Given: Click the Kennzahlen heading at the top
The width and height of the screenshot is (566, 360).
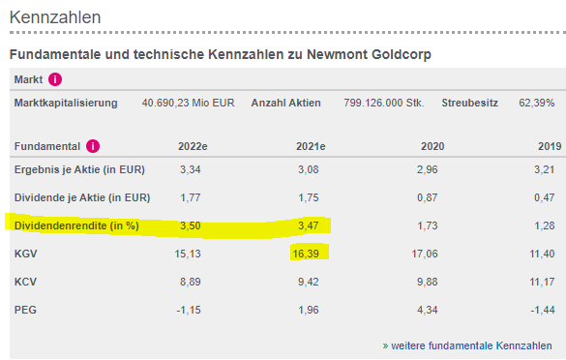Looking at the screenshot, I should coord(55,17).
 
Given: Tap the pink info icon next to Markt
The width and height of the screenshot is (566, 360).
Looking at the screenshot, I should coord(56,79).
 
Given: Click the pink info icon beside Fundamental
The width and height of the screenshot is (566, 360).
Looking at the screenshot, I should coord(93,147).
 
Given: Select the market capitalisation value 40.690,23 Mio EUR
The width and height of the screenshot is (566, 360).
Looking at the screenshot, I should coord(189,103).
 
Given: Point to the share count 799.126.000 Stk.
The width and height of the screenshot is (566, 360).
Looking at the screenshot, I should coord(384,103).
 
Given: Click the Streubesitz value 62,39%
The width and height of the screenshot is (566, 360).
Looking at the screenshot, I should coord(537,103).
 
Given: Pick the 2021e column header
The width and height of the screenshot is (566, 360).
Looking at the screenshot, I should coord(310,147).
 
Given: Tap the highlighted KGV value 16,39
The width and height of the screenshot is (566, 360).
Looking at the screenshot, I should coord(311,254).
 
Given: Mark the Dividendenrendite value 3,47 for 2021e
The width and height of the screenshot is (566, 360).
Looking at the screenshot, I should coord(312,225).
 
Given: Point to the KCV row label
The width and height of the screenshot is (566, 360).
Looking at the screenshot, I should coord(27,282).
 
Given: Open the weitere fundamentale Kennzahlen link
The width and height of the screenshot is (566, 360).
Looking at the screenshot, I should coord(467,345).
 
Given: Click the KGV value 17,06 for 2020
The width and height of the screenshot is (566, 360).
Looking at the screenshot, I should coord(426,254).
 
